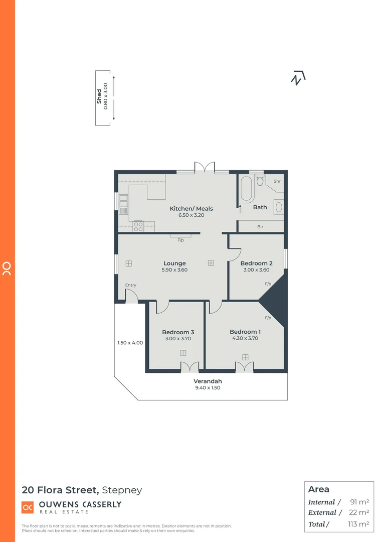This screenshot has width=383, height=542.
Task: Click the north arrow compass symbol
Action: [x=298, y=78]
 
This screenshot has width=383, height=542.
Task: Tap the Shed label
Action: [x=99, y=97]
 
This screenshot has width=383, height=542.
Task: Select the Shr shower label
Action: [x=277, y=181]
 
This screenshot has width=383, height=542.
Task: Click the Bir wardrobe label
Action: [x=260, y=227]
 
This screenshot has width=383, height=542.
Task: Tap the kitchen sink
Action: [x=123, y=204]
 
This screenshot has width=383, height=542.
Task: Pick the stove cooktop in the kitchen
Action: [x=138, y=226]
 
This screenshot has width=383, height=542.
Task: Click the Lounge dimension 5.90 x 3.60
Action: [x=174, y=270]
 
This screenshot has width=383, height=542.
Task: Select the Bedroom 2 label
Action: [x=256, y=263]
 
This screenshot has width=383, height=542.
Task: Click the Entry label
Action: [x=131, y=285]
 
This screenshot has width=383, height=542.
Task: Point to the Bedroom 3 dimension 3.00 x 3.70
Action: [x=178, y=339]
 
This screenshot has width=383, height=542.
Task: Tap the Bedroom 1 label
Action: [x=245, y=332]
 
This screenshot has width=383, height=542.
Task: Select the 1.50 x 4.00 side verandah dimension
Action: [x=130, y=343]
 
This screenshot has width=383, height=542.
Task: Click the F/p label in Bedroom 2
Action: [x=268, y=284]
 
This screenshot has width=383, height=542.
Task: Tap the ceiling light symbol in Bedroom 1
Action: [x=245, y=357]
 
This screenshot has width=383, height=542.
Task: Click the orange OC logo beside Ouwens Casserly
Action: [x=28, y=507]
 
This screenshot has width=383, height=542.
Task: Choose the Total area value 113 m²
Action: [x=358, y=524]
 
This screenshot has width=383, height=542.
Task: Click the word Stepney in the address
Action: [x=122, y=490]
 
